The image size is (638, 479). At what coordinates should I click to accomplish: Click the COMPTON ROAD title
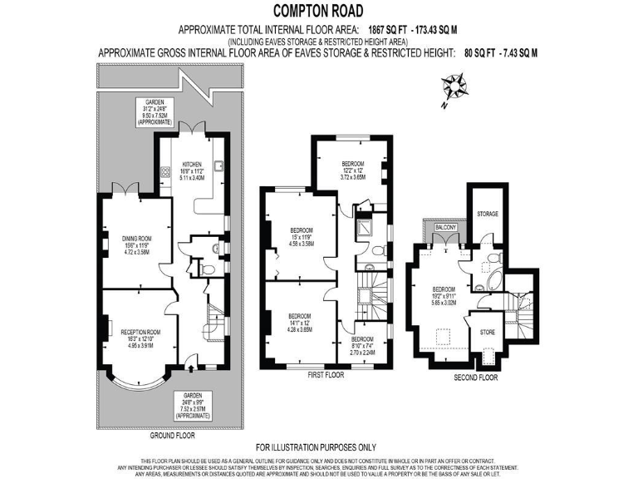318,9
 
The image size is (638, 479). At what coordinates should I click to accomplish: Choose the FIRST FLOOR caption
326,375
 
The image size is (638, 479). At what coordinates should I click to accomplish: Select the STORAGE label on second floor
488,214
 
